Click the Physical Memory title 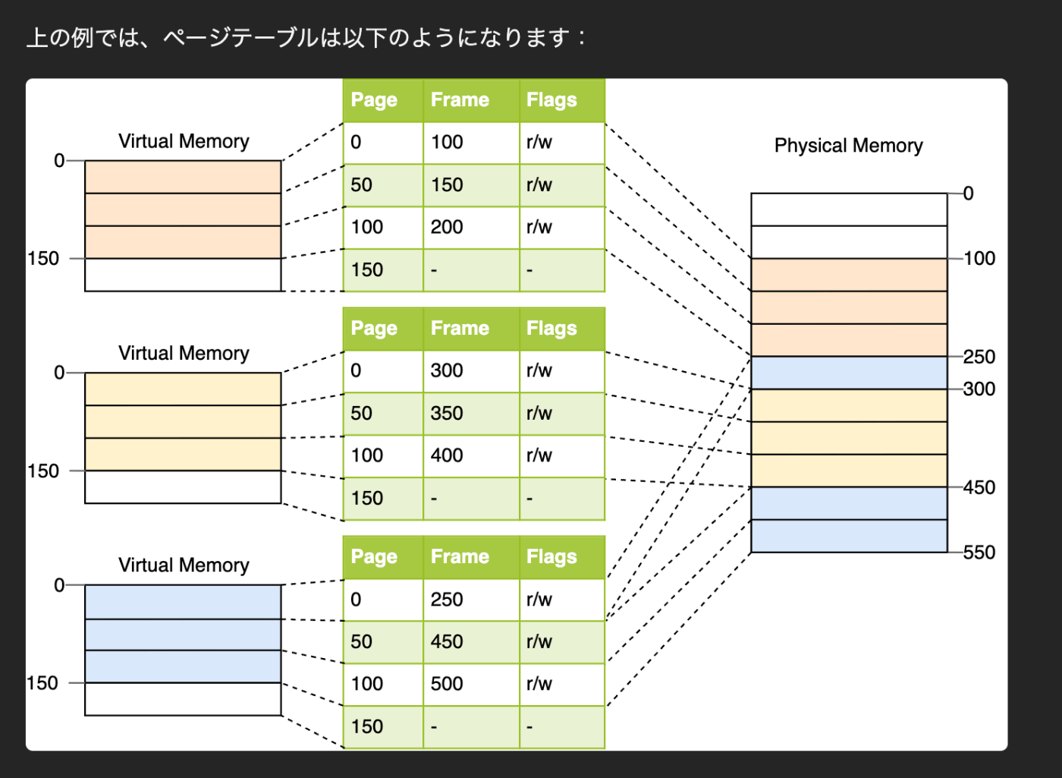coord(848,146)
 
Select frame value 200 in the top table coord(447,227)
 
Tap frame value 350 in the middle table coord(447,413)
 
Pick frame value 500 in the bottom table coord(447,684)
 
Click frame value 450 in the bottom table coord(447,641)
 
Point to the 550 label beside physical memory coord(979,553)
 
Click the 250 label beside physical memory coord(979,357)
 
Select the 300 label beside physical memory coord(979,389)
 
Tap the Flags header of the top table coord(551,100)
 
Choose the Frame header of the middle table coord(460,329)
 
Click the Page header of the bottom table coord(374,557)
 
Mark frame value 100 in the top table coord(447,142)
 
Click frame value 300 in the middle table coord(447,370)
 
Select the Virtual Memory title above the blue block coord(184,565)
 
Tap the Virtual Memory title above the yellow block coord(184,354)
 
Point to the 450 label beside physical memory coord(979,487)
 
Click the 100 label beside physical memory coord(979,259)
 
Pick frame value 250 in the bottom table coord(447,600)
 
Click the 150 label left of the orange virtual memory coord(43,259)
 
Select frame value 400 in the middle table coord(447,455)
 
